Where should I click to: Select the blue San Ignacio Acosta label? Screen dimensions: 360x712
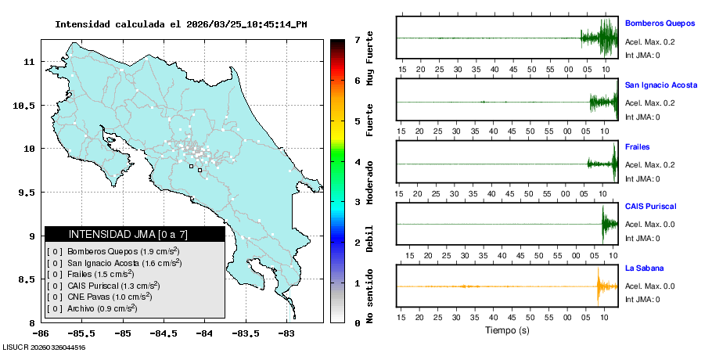coord(661,85)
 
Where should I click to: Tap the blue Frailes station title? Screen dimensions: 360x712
coord(638,146)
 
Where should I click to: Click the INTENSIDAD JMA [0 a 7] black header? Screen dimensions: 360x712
coord(135,234)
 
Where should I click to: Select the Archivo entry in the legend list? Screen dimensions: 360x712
coord(102,308)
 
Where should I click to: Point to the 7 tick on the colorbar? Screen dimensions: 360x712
coord(356,39)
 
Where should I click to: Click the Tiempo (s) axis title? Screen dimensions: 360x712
coord(508,331)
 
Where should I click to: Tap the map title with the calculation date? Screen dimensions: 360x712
coord(181,24)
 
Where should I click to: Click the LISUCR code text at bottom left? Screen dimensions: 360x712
coord(44,347)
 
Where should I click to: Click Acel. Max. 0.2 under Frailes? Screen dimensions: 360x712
coord(649,164)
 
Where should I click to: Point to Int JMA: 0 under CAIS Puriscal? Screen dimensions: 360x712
coord(642,238)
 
